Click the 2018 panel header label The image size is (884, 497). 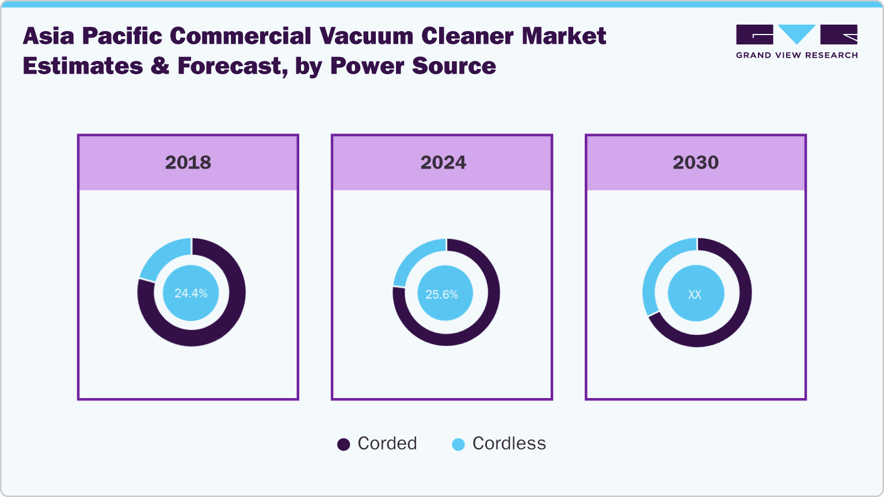(188, 163)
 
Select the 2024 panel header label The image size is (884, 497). (443, 163)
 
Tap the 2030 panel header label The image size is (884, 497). (695, 163)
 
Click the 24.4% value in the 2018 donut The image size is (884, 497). (191, 293)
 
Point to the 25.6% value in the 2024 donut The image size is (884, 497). (441, 295)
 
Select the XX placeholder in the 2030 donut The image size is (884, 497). (695, 295)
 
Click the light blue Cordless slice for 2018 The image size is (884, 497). (164, 255)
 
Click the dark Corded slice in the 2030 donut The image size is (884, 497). (731, 322)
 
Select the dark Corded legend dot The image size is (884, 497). (344, 445)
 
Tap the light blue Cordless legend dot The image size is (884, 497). (458, 445)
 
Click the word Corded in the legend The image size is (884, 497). (387, 444)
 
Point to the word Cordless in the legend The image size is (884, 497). (509, 444)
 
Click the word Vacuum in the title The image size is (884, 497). (366, 36)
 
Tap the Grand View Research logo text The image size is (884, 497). (797, 55)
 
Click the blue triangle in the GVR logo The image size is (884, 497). (797, 33)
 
